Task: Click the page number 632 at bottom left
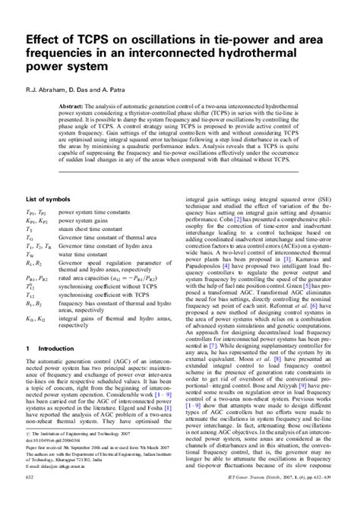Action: (30, 498)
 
